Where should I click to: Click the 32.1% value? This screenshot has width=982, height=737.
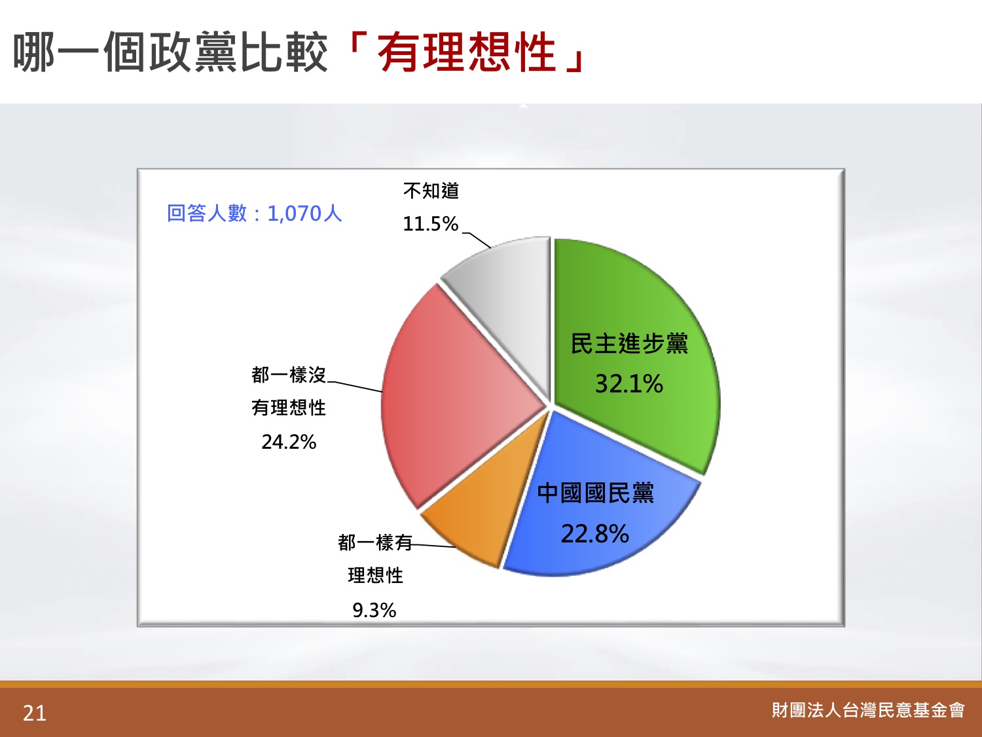click(629, 384)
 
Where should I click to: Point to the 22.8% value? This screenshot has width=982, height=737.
click(595, 534)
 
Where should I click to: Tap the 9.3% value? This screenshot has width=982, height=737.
click(374, 610)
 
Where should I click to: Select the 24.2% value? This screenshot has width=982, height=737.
click(289, 442)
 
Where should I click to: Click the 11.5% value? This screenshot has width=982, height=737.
click(431, 224)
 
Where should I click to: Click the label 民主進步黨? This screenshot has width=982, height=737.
click(630, 344)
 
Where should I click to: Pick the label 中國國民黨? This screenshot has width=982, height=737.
click(596, 493)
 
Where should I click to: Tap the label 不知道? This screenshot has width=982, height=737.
click(431, 191)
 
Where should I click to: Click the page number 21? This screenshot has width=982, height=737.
click(35, 713)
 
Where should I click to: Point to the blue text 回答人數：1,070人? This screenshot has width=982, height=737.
click(254, 214)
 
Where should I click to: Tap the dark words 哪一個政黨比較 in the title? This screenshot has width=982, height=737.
click(170, 52)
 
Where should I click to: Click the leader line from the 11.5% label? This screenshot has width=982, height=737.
click(477, 240)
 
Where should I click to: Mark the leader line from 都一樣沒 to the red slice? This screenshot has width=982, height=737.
click(355, 387)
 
